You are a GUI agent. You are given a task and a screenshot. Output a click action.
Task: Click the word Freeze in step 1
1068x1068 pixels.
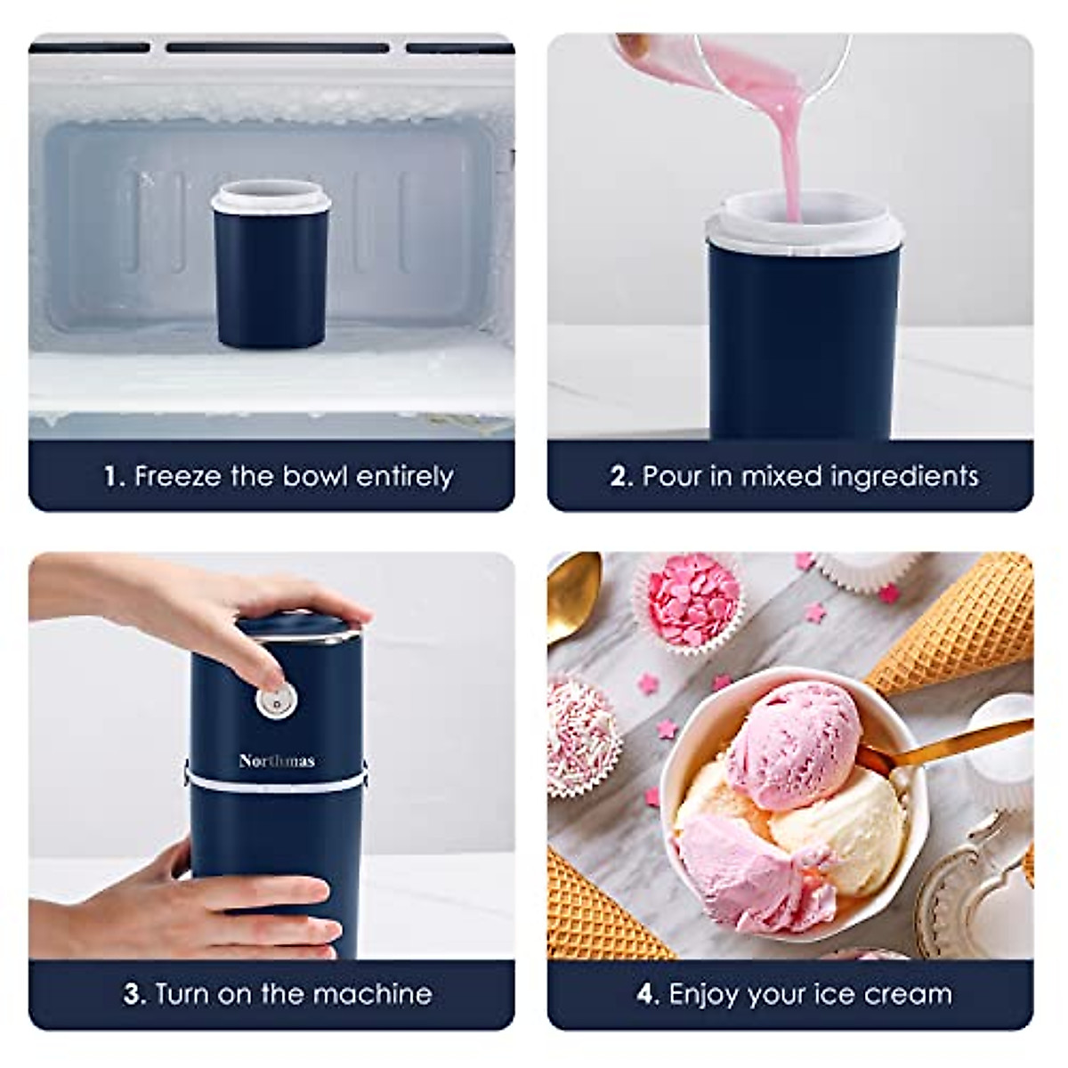click(177, 476)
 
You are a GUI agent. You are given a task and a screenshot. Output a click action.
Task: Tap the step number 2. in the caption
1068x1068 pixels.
click(621, 476)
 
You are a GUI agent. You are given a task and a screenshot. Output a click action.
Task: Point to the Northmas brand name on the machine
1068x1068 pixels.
click(277, 760)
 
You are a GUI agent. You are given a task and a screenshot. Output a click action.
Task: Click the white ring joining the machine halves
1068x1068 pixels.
click(276, 781)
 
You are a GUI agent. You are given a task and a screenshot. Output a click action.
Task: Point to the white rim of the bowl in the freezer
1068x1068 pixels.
click(271, 198)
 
